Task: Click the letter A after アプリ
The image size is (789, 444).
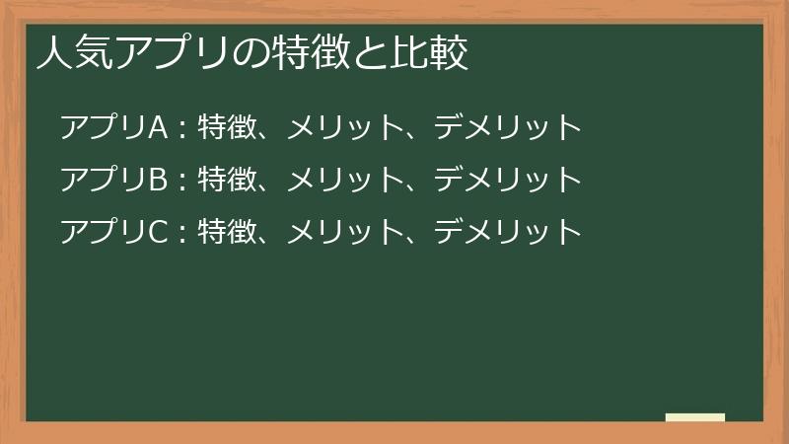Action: (x=158, y=127)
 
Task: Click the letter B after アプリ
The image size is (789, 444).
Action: (x=158, y=180)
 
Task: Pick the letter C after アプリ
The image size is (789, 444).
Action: (x=158, y=232)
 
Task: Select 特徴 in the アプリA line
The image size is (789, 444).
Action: (x=227, y=126)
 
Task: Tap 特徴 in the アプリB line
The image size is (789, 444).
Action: (x=227, y=179)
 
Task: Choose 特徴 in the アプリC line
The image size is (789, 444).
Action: (x=227, y=231)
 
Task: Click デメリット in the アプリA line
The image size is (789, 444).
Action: (x=508, y=127)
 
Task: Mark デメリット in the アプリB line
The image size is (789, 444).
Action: (x=508, y=180)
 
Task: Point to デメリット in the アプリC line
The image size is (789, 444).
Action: (x=508, y=232)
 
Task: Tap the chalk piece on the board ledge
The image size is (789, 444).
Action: (x=695, y=417)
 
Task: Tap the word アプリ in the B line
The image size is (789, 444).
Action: (x=104, y=180)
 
